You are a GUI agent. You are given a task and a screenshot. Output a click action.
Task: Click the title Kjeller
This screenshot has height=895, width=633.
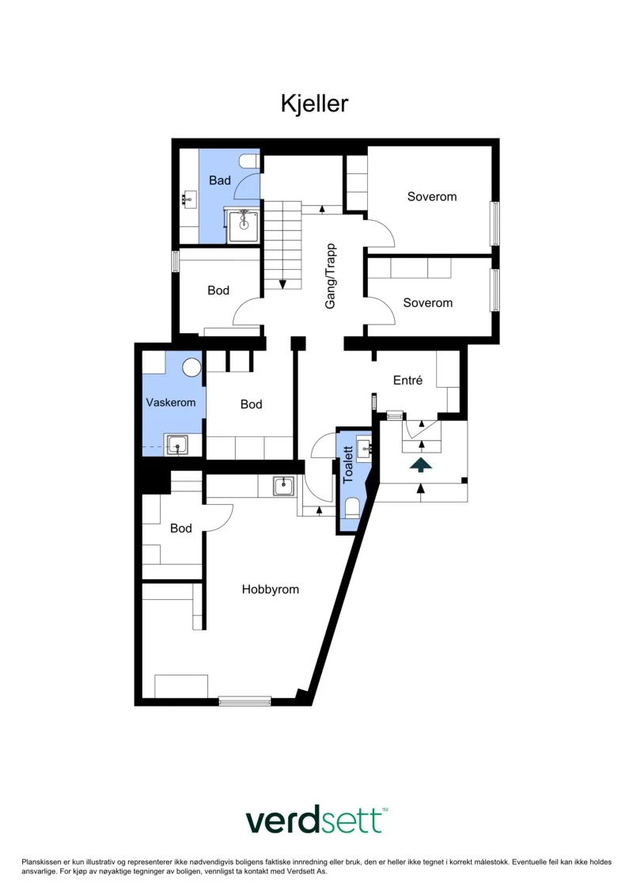[314, 104]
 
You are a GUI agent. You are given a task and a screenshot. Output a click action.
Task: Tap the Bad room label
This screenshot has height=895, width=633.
[220, 180]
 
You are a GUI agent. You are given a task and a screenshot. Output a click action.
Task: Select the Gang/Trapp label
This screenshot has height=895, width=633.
[331, 277]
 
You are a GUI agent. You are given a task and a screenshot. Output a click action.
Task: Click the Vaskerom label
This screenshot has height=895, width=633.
[171, 403]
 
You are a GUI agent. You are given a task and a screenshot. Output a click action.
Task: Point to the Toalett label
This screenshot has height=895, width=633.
[347, 465]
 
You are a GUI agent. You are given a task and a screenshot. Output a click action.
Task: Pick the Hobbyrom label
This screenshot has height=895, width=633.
[270, 589]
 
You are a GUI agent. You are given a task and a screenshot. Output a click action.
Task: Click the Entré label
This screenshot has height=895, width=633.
[407, 380]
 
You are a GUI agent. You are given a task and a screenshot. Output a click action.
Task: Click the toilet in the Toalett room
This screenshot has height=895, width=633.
[352, 507]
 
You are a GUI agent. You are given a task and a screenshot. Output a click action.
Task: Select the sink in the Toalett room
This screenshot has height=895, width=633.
[364, 448]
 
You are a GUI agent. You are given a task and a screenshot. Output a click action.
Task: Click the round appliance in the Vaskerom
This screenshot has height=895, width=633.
[191, 367]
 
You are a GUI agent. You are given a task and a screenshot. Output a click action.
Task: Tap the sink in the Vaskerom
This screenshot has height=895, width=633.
[177, 445]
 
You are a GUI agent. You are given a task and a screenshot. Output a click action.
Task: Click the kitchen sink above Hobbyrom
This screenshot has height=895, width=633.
[283, 486]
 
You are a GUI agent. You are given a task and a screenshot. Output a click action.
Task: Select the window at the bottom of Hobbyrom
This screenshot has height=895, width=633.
[244, 700]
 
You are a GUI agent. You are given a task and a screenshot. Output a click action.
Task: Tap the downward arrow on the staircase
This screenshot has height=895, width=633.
[282, 283]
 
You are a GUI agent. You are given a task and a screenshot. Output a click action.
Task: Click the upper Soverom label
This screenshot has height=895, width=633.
[431, 197]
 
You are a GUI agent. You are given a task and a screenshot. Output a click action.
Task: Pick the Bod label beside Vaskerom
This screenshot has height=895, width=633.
[251, 404]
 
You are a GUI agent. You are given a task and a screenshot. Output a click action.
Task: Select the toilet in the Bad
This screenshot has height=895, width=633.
[249, 161]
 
